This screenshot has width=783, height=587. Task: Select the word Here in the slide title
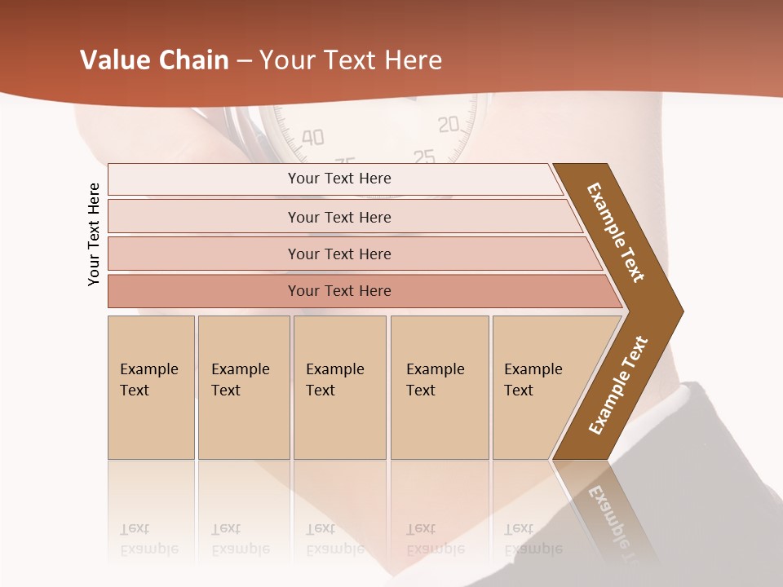[412, 60]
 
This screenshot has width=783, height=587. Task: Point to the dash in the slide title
[243, 61]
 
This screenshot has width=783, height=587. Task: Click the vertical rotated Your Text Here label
[94, 234]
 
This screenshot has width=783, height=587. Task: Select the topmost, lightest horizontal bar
[339, 179]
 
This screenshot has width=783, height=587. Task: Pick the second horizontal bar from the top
[339, 217]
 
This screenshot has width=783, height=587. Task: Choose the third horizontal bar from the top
[339, 254]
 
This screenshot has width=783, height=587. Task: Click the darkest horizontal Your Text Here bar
[339, 291]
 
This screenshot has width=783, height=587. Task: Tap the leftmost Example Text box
[151, 387]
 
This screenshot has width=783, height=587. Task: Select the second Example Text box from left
[244, 387]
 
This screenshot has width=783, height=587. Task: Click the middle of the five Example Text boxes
[339, 387]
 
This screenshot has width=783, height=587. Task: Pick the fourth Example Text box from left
[440, 387]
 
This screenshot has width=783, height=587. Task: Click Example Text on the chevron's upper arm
[616, 232]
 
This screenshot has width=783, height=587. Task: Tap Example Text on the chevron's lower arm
[618, 385]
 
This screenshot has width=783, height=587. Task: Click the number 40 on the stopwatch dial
[312, 137]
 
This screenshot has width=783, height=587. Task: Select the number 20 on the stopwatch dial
[449, 125]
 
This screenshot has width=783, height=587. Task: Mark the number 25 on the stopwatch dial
[424, 156]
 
